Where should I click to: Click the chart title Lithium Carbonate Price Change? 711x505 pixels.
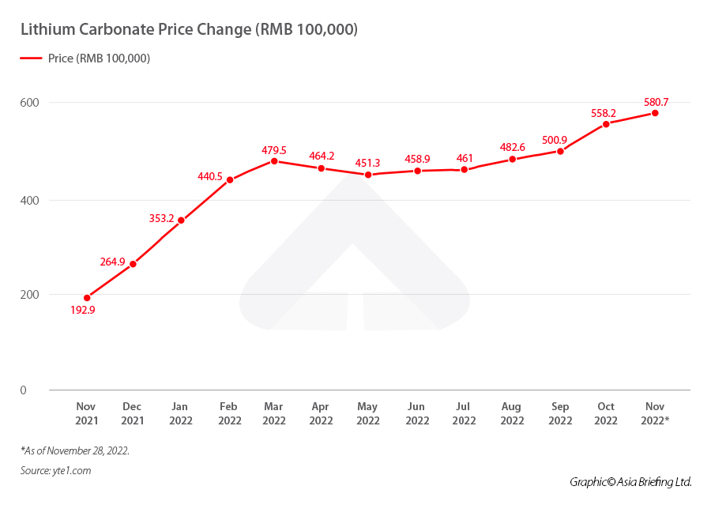pyautogui.click(x=189, y=30)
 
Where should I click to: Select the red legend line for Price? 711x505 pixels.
pyautogui.click(x=31, y=58)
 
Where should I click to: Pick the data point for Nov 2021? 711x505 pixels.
pyautogui.click(x=87, y=298)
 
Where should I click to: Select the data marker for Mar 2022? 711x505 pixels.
pyautogui.click(x=274, y=161)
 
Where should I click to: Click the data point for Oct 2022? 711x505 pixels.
pyautogui.click(x=606, y=123)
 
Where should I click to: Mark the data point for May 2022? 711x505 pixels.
pyautogui.click(x=368, y=175)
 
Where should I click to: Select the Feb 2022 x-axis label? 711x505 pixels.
pyautogui.click(x=229, y=413)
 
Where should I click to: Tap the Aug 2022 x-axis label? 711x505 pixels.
pyautogui.click(x=512, y=413)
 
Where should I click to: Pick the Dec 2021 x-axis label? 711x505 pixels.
pyautogui.click(x=133, y=413)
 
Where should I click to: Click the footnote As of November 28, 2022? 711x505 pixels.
pyautogui.click(x=75, y=450)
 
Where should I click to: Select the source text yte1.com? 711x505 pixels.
pyautogui.click(x=55, y=471)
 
